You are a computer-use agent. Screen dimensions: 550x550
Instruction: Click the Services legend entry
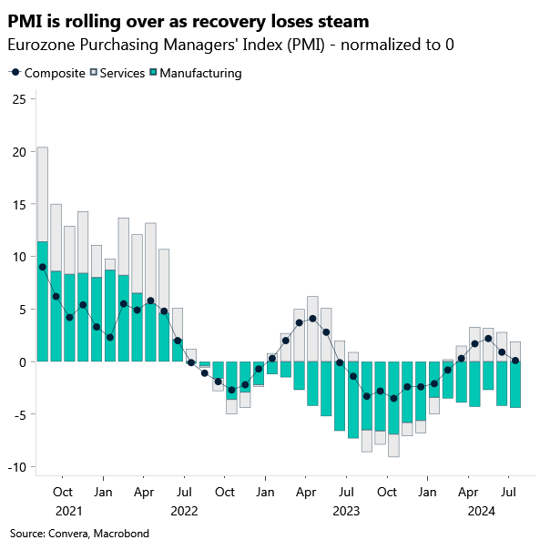click(x=117, y=73)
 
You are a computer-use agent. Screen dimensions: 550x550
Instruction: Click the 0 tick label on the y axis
click(x=20, y=362)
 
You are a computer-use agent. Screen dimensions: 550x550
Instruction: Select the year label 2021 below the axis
click(x=67, y=511)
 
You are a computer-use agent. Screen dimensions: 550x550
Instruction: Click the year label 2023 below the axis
click(x=345, y=511)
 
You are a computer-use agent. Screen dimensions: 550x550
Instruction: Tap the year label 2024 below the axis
click(x=481, y=511)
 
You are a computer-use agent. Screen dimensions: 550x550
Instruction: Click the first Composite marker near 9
click(x=43, y=267)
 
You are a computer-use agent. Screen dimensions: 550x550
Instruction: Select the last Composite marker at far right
click(x=515, y=361)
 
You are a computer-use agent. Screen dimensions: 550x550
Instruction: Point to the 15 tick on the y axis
click(x=17, y=204)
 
